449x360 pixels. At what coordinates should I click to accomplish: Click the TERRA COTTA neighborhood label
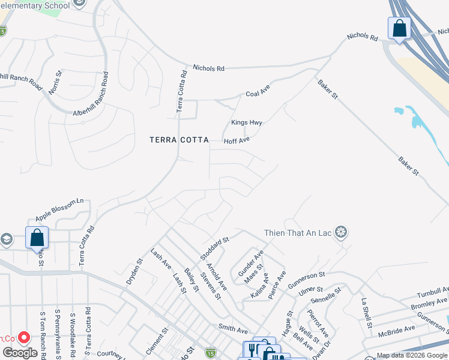pyautogui.click(x=179, y=140)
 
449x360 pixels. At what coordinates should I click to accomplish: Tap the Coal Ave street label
pyautogui.click(x=258, y=94)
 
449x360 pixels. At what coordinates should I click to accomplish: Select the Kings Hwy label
pyautogui.click(x=247, y=122)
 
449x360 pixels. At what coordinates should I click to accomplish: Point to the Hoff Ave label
pyautogui.click(x=237, y=141)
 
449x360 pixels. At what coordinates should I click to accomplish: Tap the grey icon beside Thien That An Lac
pyautogui.click(x=341, y=232)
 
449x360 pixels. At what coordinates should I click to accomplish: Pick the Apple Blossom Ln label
pyautogui.click(x=59, y=209)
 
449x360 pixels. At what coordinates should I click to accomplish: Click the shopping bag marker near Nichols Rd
pyautogui.click(x=399, y=28)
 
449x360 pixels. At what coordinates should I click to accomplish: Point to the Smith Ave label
pyautogui.click(x=233, y=330)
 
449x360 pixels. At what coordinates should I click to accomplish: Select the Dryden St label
pyautogui.click(x=134, y=271)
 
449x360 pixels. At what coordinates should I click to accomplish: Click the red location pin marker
pyautogui.click(x=25, y=338)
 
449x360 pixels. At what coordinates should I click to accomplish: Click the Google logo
pyautogui.click(x=20, y=353)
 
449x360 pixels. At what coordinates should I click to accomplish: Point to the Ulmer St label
pyautogui.click(x=310, y=290)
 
